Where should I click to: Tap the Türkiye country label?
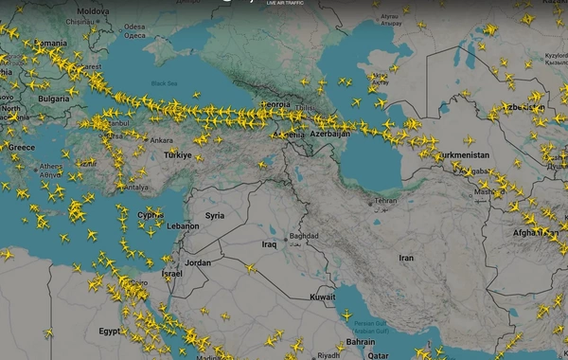(177, 154)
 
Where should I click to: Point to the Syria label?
(215, 215)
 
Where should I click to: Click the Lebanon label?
(184, 226)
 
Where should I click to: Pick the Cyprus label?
(151, 214)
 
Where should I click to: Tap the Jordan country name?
(198, 261)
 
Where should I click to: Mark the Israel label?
(171, 273)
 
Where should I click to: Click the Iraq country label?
(268, 243)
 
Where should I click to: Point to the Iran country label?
(406, 258)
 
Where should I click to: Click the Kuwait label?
(323, 297)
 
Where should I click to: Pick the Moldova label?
(93, 11)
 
